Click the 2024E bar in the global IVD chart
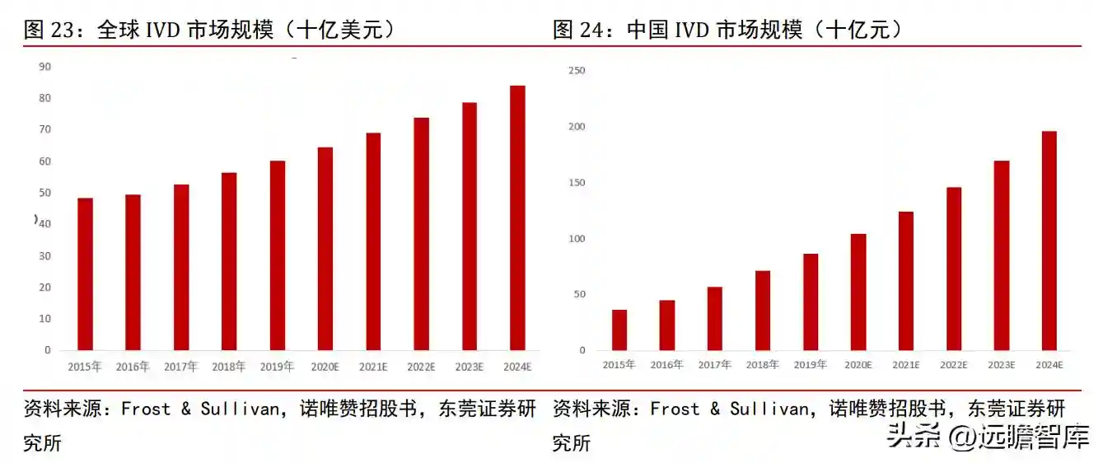point(517,217)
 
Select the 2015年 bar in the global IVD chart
point(85,274)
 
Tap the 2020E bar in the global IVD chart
point(325,248)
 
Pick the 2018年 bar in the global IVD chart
point(229,261)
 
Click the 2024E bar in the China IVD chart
point(1049,241)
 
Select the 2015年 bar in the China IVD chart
point(619,330)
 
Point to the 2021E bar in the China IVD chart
point(906,281)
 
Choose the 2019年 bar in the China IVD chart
point(811,302)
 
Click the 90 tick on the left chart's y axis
point(44,67)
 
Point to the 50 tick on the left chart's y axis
point(44,193)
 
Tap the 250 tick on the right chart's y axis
point(577,71)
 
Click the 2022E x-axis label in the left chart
point(420,367)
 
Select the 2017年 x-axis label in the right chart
point(714,364)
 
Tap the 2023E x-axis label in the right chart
point(1001,364)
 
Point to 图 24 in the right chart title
point(580,30)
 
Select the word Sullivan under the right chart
point(768,409)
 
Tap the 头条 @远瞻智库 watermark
point(988,437)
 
